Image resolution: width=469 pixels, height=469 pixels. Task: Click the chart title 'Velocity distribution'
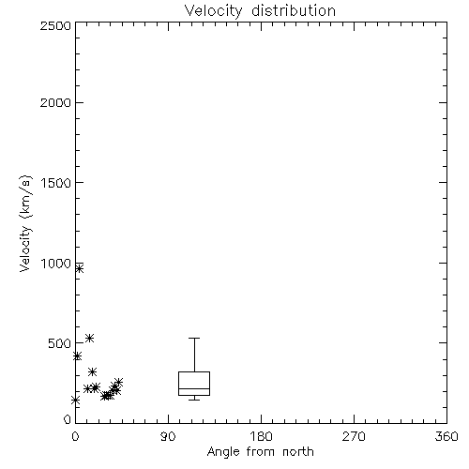(x=260, y=11)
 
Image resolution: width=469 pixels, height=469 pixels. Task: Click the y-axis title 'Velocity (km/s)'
(x=25, y=223)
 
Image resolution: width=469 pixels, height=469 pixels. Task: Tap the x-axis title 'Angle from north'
(x=260, y=452)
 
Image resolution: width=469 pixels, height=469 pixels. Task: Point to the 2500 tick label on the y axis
(x=55, y=25)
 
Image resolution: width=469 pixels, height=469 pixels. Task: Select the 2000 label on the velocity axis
(x=55, y=102)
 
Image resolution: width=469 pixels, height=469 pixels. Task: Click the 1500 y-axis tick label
(x=56, y=183)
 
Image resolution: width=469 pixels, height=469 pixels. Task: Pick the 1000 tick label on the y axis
(x=56, y=264)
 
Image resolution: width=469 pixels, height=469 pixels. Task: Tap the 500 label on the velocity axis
(x=59, y=343)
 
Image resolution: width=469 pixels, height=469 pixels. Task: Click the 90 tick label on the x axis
(x=168, y=436)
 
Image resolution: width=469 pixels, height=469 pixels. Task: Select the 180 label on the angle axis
(x=261, y=436)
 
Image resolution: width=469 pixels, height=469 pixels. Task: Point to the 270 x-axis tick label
(x=354, y=436)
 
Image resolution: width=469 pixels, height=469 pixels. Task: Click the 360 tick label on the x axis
(x=446, y=436)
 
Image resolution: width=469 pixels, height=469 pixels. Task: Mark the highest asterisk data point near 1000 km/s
(x=80, y=268)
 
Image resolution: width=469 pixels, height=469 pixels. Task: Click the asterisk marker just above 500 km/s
(x=90, y=338)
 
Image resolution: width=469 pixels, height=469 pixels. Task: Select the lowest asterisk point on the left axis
(x=75, y=400)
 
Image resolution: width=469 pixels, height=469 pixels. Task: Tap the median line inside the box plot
(x=194, y=388)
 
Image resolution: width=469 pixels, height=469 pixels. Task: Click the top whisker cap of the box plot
(x=194, y=338)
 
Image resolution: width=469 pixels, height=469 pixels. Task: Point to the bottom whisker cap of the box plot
(x=194, y=400)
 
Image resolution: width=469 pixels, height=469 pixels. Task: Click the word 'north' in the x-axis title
(x=298, y=452)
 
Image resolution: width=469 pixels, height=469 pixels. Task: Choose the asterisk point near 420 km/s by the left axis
(x=77, y=356)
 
